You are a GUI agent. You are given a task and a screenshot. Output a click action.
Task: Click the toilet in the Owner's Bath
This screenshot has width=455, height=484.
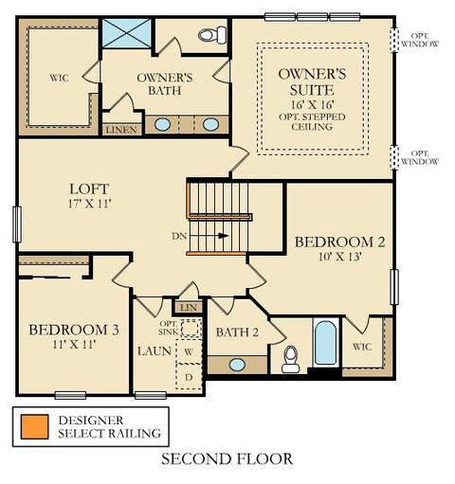[212, 35]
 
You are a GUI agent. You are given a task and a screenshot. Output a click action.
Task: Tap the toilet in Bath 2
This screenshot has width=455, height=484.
[291, 359]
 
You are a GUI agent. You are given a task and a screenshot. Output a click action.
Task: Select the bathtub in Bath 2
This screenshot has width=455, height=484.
[326, 343]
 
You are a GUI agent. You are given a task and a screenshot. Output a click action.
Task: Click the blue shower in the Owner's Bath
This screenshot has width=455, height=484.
[127, 33]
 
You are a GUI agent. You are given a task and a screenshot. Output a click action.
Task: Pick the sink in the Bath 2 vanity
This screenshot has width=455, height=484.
[237, 365]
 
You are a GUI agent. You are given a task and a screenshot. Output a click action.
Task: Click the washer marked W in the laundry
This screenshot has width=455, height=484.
[189, 351]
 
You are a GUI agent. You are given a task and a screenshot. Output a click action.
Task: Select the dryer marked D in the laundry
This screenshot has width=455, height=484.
[189, 377]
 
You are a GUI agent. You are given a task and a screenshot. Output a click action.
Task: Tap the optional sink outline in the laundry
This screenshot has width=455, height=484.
[191, 329]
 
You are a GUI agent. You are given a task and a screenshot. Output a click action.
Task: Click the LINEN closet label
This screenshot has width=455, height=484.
[121, 130]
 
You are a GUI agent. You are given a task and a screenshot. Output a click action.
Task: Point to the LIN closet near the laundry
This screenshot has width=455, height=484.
[189, 307]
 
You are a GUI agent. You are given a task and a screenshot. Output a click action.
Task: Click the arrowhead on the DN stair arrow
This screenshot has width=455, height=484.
[224, 236]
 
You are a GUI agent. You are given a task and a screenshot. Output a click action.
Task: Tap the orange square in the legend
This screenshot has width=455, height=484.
[35, 427]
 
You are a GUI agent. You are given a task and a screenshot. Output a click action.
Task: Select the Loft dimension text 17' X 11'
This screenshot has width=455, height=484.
[90, 204]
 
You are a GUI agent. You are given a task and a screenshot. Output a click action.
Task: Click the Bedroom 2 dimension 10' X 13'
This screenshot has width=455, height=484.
[339, 257]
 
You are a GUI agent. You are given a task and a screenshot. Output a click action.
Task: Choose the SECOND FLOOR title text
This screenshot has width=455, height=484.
[227, 459]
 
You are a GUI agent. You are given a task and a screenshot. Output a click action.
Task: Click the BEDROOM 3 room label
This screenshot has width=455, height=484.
[74, 330]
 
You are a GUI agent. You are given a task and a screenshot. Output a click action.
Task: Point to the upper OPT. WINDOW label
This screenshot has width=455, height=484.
[420, 40]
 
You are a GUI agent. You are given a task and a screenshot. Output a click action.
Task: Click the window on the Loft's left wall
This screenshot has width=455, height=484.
[17, 224]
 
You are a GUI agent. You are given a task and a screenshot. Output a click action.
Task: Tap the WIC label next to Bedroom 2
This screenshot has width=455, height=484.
[362, 347]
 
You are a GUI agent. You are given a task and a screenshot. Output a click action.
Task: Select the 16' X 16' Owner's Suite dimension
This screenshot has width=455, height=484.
[312, 104]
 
